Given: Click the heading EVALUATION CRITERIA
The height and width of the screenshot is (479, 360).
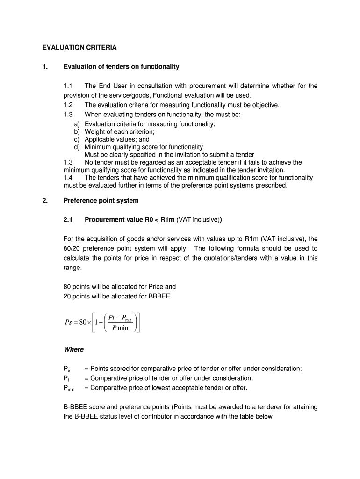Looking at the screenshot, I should (x=79, y=47).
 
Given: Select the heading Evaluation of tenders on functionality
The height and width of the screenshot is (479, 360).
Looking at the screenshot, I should (x=121, y=67).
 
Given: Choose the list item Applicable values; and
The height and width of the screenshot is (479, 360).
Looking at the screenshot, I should (x=117, y=139).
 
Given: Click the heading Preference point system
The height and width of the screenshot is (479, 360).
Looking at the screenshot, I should (x=101, y=201).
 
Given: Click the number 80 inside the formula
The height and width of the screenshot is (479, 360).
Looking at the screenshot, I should (x=86, y=323).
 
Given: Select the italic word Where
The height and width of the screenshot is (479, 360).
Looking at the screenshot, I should (x=73, y=349).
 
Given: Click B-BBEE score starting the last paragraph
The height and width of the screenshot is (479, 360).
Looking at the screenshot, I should (x=87, y=407).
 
